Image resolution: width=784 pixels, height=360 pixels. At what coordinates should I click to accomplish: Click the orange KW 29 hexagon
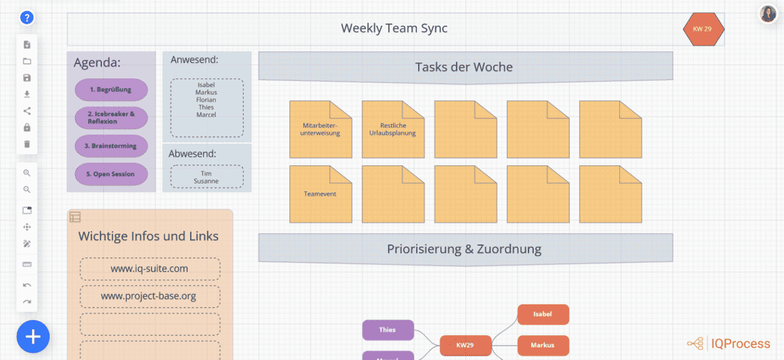click(703, 29)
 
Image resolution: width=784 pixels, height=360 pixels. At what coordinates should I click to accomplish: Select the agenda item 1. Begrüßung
click(111, 90)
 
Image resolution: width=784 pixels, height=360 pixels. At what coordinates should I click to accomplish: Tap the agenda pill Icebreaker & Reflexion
click(111, 118)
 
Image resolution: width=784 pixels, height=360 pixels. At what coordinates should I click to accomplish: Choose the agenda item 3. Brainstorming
click(111, 146)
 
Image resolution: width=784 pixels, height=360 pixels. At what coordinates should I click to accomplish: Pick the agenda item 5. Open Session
click(111, 174)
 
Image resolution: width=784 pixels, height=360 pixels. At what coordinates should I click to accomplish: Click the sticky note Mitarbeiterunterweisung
click(321, 129)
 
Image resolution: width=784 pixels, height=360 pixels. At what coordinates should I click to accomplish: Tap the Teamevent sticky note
click(321, 194)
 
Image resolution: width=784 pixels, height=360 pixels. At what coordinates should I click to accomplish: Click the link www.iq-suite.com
click(150, 269)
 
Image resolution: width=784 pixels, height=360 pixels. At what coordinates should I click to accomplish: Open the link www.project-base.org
click(150, 296)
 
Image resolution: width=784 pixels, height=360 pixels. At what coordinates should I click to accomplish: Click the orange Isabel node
click(543, 314)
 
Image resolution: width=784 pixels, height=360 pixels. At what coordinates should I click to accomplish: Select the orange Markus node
click(543, 345)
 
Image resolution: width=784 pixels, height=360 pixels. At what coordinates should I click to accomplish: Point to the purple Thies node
click(388, 330)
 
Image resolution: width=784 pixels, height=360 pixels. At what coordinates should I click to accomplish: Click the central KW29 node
click(465, 345)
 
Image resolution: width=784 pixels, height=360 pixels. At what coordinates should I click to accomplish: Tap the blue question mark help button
click(27, 18)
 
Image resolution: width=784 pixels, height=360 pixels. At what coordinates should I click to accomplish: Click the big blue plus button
click(33, 337)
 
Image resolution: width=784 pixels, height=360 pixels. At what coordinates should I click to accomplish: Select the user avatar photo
click(768, 14)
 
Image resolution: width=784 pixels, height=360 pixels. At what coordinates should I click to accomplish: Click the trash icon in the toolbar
click(27, 144)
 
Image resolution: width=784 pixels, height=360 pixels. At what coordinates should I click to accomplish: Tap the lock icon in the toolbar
click(27, 127)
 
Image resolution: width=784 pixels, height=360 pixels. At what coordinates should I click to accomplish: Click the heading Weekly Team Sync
click(394, 28)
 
